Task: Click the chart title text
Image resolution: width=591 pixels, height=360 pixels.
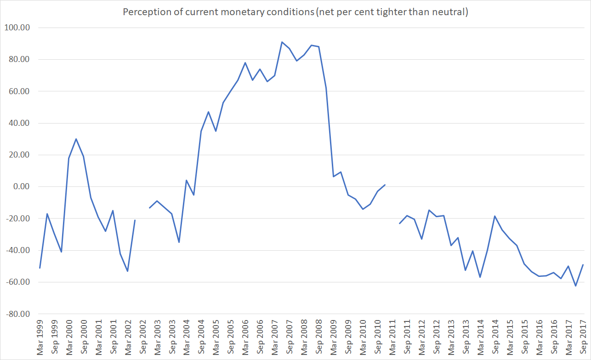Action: [295, 12]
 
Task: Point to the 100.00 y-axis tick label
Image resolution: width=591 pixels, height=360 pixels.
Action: [17, 28]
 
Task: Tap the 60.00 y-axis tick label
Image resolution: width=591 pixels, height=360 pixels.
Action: [18, 91]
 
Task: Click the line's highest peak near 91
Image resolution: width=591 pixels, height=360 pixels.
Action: [282, 42]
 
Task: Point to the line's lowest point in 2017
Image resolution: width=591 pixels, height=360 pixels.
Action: [575, 286]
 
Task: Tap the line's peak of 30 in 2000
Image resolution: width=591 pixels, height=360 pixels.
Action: [76, 139]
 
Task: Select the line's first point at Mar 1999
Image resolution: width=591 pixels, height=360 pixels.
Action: [40, 268]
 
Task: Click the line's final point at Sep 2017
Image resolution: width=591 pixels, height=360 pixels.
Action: [583, 264]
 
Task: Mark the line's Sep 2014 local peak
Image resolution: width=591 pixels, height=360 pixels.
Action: [494, 216]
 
